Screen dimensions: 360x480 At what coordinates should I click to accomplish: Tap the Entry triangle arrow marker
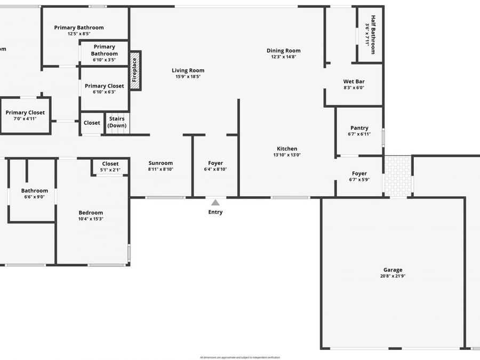pyautogui.click(x=215, y=203)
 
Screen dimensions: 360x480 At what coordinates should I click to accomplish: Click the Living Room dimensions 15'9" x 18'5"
pyautogui.click(x=188, y=77)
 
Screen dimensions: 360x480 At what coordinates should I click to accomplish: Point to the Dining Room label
pyautogui.click(x=284, y=51)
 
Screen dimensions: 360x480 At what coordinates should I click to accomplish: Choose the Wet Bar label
pyautogui.click(x=354, y=82)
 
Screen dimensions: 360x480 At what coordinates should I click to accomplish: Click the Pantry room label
pyautogui.click(x=359, y=128)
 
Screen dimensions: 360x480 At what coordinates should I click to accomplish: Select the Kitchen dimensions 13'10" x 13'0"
pyautogui.click(x=287, y=155)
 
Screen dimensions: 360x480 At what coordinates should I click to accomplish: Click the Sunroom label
pyautogui.click(x=161, y=163)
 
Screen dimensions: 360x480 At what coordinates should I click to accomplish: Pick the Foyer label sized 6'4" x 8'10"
pyautogui.click(x=215, y=163)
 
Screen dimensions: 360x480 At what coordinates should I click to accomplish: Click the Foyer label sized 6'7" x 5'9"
pyautogui.click(x=359, y=173)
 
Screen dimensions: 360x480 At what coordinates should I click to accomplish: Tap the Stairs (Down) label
pyautogui.click(x=117, y=122)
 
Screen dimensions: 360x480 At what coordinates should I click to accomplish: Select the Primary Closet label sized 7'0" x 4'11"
pyautogui.click(x=25, y=113)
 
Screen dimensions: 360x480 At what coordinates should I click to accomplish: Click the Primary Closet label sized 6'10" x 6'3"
pyautogui.click(x=104, y=86)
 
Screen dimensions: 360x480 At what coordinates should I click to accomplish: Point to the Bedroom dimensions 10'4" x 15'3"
pyautogui.click(x=91, y=219)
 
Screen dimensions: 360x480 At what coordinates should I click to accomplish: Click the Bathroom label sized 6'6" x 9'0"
pyautogui.click(x=35, y=190)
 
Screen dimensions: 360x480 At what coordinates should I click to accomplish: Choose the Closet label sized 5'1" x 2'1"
pyautogui.click(x=110, y=164)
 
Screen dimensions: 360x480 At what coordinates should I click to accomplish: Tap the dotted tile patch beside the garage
pyautogui.click(x=397, y=175)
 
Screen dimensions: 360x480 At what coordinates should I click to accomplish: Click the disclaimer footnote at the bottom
pyautogui.click(x=239, y=357)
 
